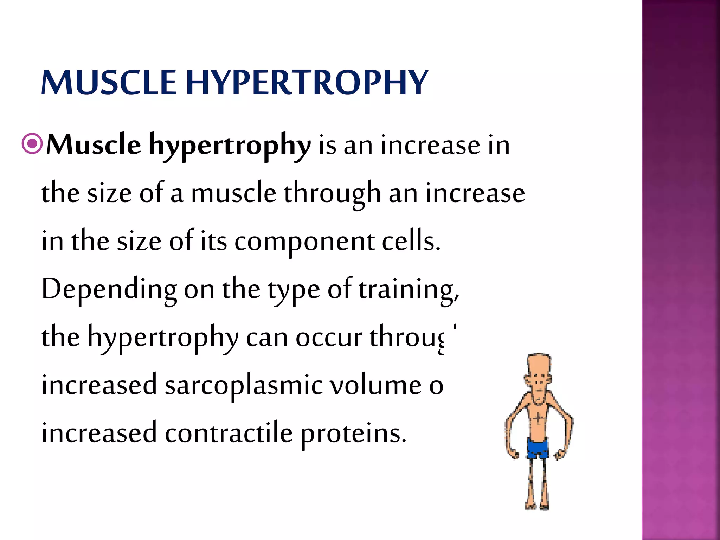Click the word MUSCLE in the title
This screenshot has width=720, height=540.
[x=109, y=83]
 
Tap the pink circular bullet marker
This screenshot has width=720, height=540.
[x=32, y=143]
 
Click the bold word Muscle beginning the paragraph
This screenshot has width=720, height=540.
[x=94, y=145]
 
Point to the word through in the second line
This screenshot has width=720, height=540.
[x=332, y=194]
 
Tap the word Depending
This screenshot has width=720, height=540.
[x=109, y=290]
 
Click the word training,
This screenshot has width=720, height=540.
[x=409, y=290]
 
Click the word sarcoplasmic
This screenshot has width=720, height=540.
[x=243, y=385]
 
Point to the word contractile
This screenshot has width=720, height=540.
[x=229, y=433]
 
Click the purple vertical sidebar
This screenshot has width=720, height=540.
[x=681, y=270]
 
